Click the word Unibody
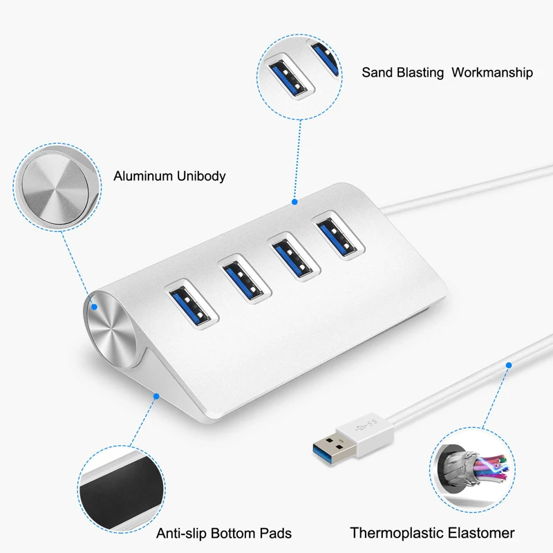click(x=201, y=176)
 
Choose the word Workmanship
click(x=492, y=73)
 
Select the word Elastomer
click(x=480, y=533)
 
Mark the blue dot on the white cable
click(x=509, y=364)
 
